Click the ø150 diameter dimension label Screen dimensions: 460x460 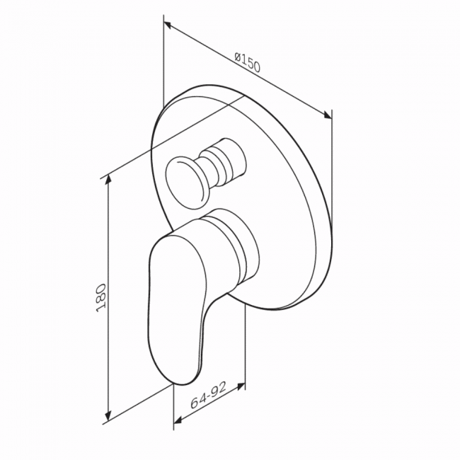tap(247, 62)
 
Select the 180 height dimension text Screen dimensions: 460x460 tap(101, 298)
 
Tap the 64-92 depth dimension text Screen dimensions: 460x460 tap(208, 396)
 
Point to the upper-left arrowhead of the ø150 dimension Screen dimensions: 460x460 tap(168, 25)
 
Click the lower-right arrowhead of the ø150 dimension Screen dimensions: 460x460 tap(328, 115)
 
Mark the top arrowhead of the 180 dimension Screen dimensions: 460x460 tap(108, 179)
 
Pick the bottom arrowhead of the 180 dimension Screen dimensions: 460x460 tap(108, 415)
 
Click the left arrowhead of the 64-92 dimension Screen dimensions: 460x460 tap(177, 420)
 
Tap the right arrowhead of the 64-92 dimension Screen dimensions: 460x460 tap(241, 386)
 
